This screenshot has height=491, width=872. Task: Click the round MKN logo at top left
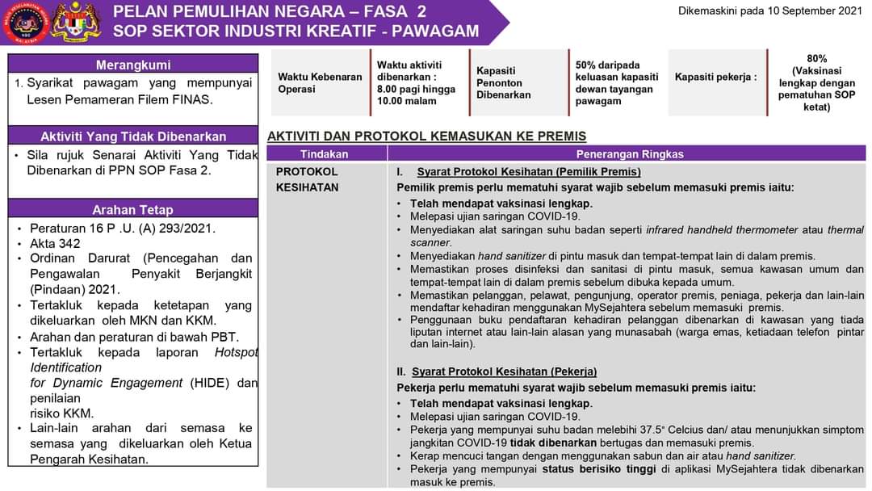25,22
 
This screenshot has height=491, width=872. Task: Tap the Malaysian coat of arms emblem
75,22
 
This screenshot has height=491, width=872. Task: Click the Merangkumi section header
133,65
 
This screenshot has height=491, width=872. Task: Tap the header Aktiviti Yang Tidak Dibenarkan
133,136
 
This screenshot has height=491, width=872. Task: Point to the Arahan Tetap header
133,210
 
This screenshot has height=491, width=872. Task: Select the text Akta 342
55,243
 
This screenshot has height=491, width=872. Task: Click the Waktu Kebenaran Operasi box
320,82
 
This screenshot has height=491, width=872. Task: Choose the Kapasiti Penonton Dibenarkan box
504,82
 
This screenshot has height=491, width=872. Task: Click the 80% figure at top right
816,58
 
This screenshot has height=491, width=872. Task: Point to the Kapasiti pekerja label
715,77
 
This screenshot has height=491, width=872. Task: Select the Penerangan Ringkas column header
629,153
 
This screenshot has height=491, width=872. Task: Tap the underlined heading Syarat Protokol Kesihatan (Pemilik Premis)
528,171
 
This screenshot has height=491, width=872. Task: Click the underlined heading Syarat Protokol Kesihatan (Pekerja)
504,371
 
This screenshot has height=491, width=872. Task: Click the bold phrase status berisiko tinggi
610,468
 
